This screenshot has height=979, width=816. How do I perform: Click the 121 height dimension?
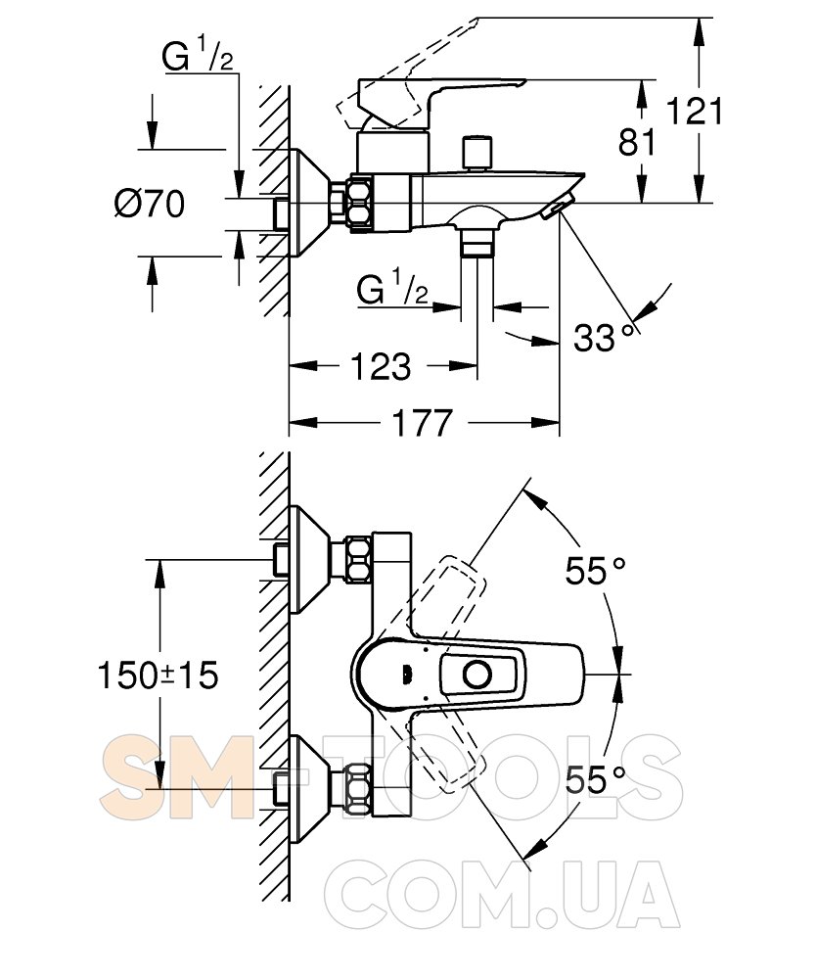coord(695,111)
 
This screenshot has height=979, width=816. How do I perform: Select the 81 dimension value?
coord(637,143)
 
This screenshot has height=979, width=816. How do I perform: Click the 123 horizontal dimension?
coord(380,367)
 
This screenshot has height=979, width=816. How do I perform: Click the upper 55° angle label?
coord(595,570)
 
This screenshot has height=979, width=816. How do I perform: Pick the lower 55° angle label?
coord(595,780)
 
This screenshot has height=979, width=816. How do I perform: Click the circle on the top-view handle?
coord(478,675)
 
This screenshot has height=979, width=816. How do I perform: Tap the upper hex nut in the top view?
coord(355,559)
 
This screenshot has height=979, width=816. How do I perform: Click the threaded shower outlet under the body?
coord(476,240)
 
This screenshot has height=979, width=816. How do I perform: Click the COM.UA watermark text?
coord(500,895)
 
